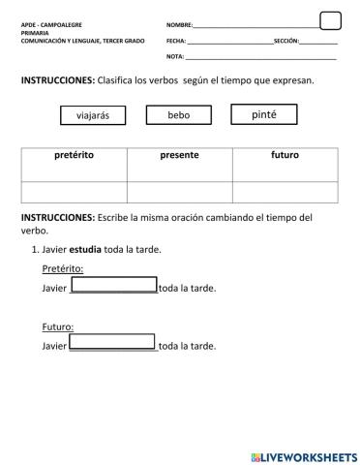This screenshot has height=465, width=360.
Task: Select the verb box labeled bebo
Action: pos(178,115)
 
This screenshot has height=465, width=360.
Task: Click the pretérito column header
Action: pos(74,155)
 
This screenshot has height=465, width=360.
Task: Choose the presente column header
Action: pos(179,155)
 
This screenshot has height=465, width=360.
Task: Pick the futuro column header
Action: pos(285,155)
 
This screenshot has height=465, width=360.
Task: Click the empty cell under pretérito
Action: pos(74,191)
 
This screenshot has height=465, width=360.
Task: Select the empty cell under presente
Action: pos(179,191)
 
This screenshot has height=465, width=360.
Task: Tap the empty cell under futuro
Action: pos(285,191)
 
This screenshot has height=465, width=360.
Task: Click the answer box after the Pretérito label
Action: pos(113,286)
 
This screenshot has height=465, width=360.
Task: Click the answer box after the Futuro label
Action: pos(113,342)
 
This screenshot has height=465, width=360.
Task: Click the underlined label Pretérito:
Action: pos(63,268)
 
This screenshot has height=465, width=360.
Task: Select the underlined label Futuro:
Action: pos(58,326)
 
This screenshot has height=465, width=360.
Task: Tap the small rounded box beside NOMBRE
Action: pos(330,20)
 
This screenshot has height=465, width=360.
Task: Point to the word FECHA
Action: pos(175,42)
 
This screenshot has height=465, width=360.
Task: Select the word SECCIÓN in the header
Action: pos(286,42)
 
